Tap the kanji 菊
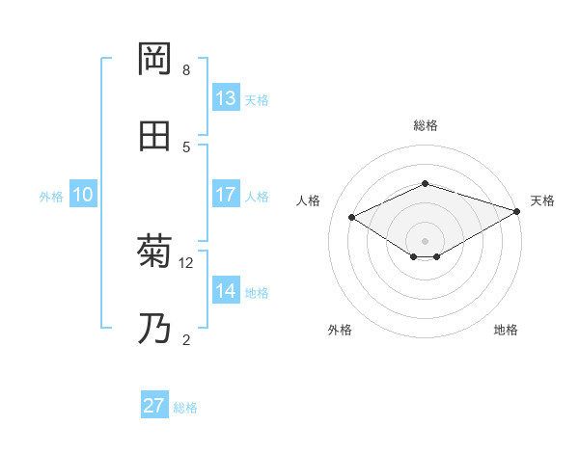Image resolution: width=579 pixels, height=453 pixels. pyautogui.click(x=154, y=252)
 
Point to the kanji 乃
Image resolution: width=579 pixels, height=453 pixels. pyautogui.click(x=154, y=328)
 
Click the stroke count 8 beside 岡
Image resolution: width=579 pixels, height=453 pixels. pyautogui.click(x=186, y=70)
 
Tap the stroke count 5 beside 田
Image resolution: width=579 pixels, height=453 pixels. pyautogui.click(x=186, y=147)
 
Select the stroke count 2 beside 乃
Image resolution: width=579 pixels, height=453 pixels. pyautogui.click(x=186, y=339)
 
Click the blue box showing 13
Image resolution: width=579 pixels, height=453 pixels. pyautogui.click(x=226, y=98)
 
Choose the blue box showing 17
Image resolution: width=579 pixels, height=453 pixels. pyautogui.click(x=226, y=195)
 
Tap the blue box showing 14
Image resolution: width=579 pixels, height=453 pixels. pyautogui.click(x=226, y=291)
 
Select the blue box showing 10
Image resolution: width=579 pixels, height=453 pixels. pyautogui.click(x=83, y=195)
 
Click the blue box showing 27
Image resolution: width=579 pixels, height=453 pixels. pyautogui.click(x=154, y=406)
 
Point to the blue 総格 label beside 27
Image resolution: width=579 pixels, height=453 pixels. pyautogui.click(x=185, y=408)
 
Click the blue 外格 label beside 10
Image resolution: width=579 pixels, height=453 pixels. pyautogui.click(x=51, y=197)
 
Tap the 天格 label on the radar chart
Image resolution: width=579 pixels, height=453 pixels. pyautogui.click(x=542, y=200)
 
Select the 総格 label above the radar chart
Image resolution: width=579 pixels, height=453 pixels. pyautogui.click(x=426, y=125)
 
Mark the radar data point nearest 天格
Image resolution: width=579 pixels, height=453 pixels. pyautogui.click(x=518, y=211)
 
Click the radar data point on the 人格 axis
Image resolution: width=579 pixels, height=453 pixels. pyautogui.click(x=352, y=218)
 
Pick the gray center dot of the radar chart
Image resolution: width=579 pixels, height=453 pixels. pyautogui.click(x=425, y=240)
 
